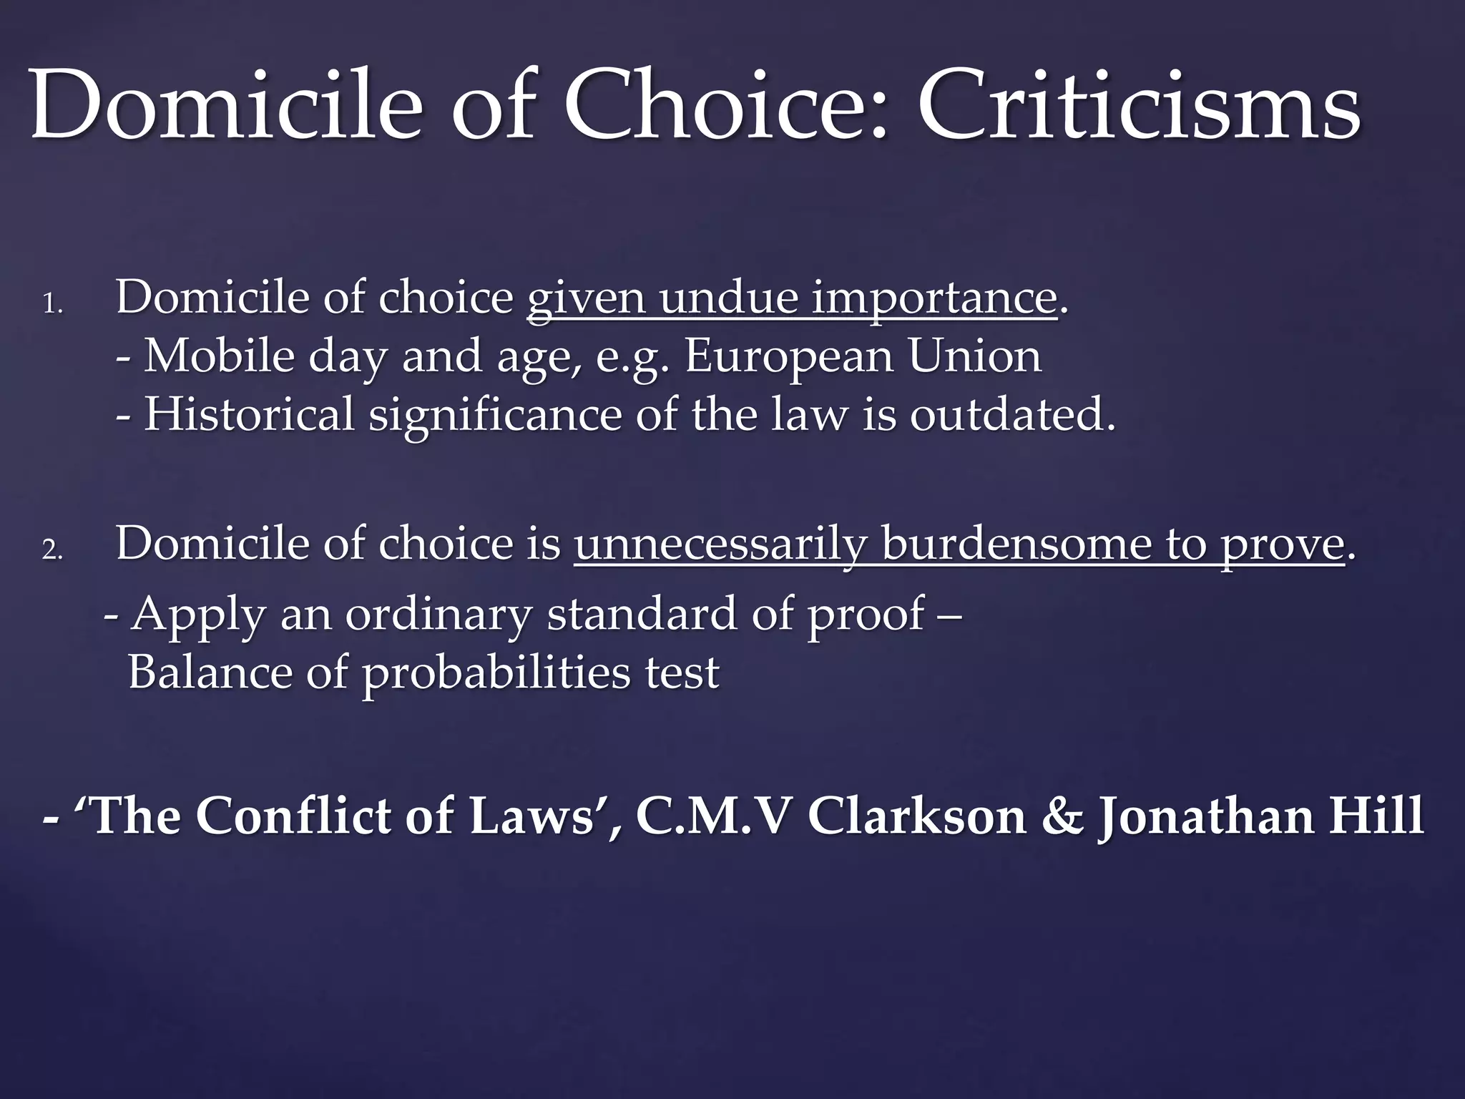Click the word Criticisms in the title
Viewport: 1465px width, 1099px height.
pyautogui.click(x=1139, y=106)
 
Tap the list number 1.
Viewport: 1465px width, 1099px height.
pyautogui.click(x=52, y=305)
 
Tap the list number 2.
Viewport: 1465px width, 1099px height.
pyautogui.click(x=52, y=550)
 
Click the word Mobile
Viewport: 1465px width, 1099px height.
pyautogui.click(x=219, y=356)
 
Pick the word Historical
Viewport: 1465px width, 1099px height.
pyautogui.click(x=249, y=415)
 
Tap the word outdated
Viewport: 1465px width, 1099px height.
pyautogui.click(x=1011, y=415)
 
